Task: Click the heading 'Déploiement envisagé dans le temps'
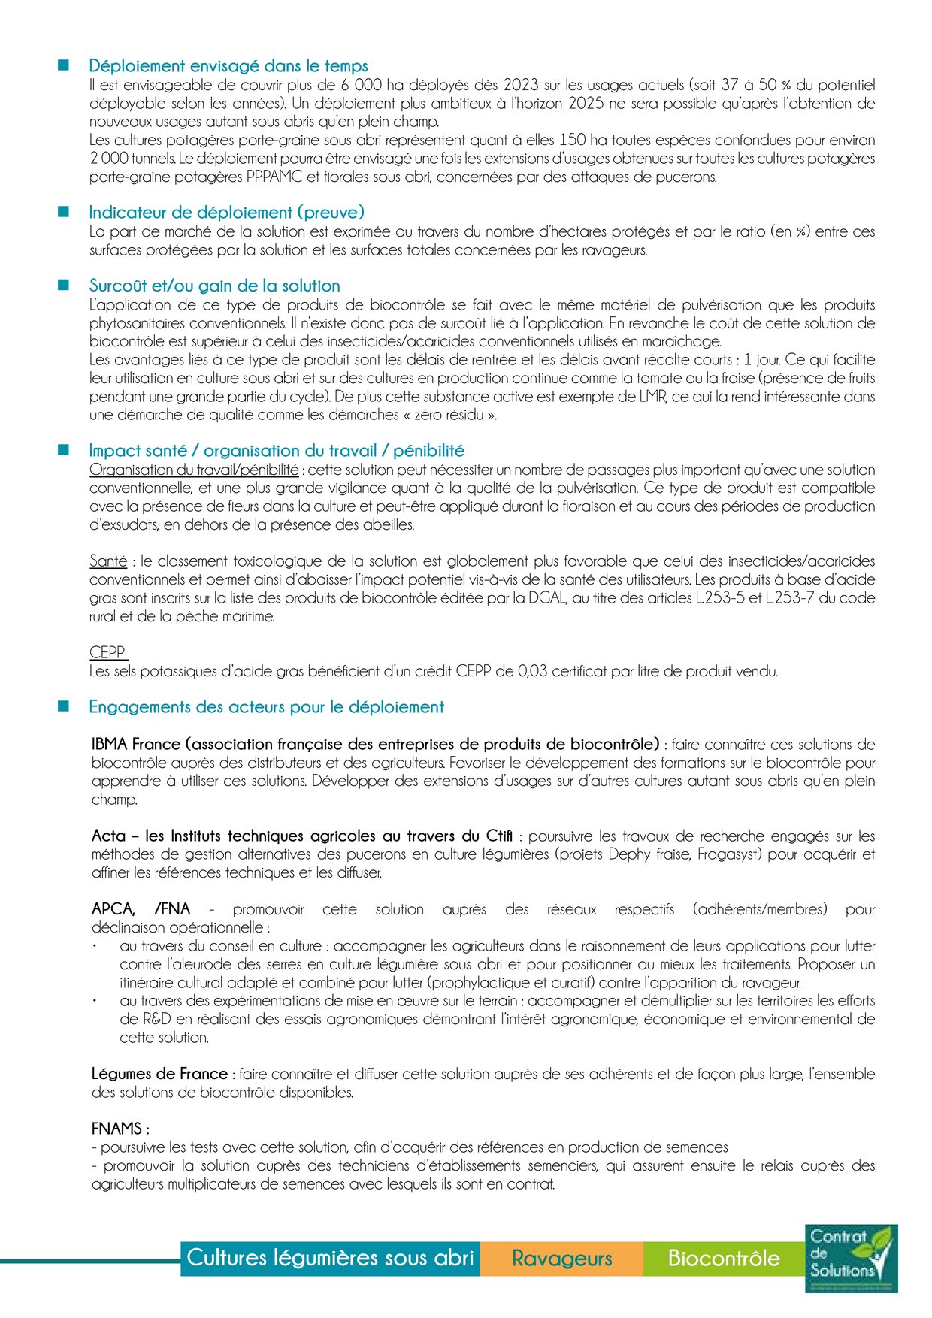228,66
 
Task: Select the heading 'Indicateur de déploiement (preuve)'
226,213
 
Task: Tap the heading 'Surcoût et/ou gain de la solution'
214,286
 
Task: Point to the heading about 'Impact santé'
277,451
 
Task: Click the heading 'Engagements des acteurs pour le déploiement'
266,707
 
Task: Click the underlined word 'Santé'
108,561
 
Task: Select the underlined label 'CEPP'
107,652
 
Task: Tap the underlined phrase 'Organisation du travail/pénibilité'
194,470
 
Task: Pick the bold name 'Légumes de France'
159,1074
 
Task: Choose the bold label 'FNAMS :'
120,1129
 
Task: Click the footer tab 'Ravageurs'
561,1258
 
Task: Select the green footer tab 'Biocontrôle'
724,1258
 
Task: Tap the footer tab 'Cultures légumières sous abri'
330,1258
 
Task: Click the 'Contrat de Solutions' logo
851,1258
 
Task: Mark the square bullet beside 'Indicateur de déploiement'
64,213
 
